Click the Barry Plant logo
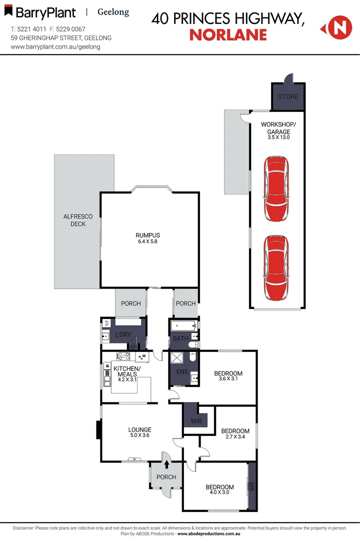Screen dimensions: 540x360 coord(43,12)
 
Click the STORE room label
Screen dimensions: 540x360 coord(287,96)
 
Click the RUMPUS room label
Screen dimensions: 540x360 coord(147,235)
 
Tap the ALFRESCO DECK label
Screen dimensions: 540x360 coord(74,220)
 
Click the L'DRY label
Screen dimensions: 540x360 coord(122,334)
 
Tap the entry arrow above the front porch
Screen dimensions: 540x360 coord(166,464)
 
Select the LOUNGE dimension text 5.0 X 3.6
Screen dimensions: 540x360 coord(139,435)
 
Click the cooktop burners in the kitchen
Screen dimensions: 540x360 coord(123,357)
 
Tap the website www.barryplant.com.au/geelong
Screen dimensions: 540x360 coord(55,46)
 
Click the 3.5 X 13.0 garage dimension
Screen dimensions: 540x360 coord(278,137)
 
